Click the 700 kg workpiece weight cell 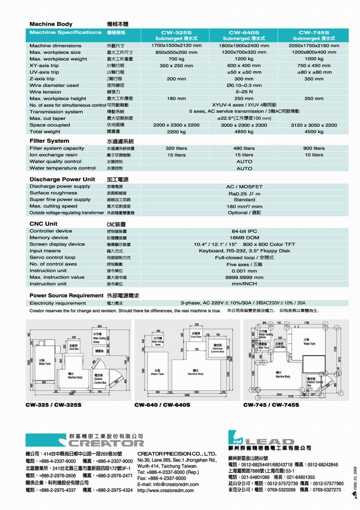176,59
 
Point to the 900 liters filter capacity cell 314,148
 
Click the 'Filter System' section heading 49,141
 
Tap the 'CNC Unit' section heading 43,223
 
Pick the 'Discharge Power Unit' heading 62,179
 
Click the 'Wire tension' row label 45,92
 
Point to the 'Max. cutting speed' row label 53,206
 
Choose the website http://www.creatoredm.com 165,491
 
